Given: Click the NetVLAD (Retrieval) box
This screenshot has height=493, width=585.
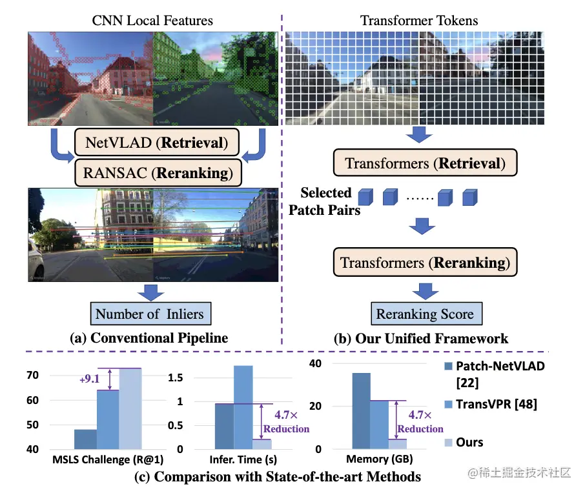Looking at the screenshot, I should (157, 143).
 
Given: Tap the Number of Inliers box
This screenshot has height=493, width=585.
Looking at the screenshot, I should (149, 314).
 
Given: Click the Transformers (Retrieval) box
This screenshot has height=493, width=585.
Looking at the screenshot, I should (425, 163).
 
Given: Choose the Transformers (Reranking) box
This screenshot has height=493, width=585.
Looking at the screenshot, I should (425, 263).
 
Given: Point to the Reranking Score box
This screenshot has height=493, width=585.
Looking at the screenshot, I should (425, 314).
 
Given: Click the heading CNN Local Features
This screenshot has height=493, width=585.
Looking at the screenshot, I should (152, 21).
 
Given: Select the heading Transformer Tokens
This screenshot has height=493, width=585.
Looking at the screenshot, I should (419, 21).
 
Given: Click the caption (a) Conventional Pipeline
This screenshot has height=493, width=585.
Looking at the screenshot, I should (149, 337).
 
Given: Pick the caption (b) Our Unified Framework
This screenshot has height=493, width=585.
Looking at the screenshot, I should (425, 338).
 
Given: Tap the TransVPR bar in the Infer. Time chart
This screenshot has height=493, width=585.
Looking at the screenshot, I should (243, 407).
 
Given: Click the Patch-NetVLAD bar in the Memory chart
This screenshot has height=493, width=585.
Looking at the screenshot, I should (362, 411).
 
